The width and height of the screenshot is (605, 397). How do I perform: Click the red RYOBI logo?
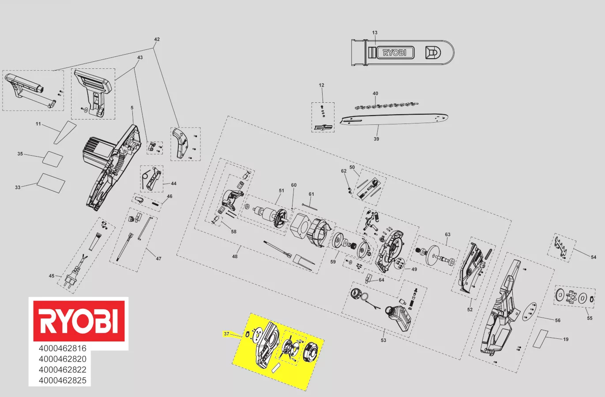79,321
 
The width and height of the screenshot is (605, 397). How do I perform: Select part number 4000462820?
62,359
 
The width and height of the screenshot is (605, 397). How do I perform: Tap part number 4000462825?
62,381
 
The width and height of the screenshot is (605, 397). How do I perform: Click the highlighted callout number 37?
226,334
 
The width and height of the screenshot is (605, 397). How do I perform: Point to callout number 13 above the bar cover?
375,33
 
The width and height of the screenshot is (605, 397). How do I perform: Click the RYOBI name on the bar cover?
395,52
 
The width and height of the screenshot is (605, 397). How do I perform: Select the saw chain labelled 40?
387,105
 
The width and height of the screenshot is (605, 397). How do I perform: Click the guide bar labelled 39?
394,120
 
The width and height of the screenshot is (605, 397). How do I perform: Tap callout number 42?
157,39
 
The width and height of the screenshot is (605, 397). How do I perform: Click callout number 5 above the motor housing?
132,108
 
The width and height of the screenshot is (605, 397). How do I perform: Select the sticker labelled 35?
53,159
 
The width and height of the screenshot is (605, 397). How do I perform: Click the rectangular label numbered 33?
51,183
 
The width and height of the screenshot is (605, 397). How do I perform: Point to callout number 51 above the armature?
282,191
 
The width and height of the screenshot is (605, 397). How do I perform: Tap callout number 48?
235,257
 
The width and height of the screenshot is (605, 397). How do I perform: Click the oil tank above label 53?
398,318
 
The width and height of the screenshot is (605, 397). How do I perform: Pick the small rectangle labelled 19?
540,338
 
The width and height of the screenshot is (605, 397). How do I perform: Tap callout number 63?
447,234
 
